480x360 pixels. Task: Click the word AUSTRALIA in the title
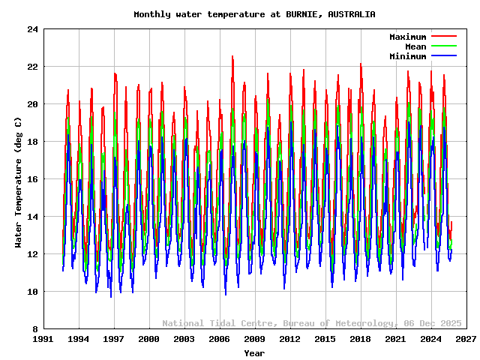tap(352, 14)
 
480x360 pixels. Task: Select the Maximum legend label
tap(407, 37)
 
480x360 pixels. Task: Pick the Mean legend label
tap(415, 46)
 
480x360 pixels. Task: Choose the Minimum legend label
tap(407, 56)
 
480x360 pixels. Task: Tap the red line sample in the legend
tap(443, 36)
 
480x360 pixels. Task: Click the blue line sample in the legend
tap(443, 56)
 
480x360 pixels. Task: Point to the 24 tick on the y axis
tap(33, 29)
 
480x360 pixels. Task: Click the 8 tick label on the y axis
tap(35, 329)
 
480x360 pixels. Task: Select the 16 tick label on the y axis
tap(33, 179)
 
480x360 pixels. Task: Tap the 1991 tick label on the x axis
tap(43, 339)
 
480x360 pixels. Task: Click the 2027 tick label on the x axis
tap(466, 339)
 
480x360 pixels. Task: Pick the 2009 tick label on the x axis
tap(255, 339)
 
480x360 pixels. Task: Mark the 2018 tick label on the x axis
tap(360, 339)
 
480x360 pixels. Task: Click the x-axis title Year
tap(254, 352)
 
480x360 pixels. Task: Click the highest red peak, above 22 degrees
tap(232, 56)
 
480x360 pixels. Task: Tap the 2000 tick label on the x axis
tap(149, 339)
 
